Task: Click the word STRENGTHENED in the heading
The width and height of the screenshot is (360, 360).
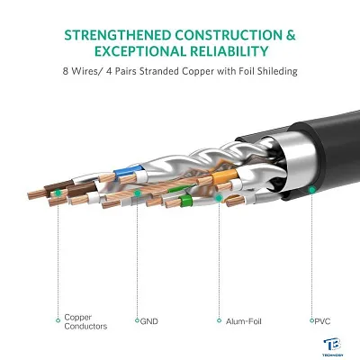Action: [x=118, y=35]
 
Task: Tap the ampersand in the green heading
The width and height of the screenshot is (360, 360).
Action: [x=290, y=35]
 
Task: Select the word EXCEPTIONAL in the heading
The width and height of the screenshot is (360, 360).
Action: [x=140, y=51]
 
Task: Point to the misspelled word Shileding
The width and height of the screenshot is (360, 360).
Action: [x=277, y=72]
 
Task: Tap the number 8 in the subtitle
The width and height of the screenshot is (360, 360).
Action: [x=66, y=72]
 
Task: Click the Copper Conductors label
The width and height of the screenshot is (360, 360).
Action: [x=85, y=321]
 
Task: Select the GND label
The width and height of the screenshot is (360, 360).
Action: [x=149, y=321]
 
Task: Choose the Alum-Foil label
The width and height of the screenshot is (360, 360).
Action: [x=244, y=321]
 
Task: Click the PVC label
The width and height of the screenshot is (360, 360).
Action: [x=322, y=321]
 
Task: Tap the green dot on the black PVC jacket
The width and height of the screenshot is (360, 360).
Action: [x=312, y=190]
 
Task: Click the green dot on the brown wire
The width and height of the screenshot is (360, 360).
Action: [x=58, y=193]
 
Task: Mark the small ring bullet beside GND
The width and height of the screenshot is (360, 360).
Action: [x=137, y=320]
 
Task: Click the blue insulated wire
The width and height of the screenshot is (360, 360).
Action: [x=125, y=172]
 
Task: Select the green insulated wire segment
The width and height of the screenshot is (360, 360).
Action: [x=184, y=200]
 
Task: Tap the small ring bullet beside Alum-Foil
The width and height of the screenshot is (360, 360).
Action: [x=219, y=320]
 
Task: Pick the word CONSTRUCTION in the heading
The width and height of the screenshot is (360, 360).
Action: [x=229, y=35]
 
